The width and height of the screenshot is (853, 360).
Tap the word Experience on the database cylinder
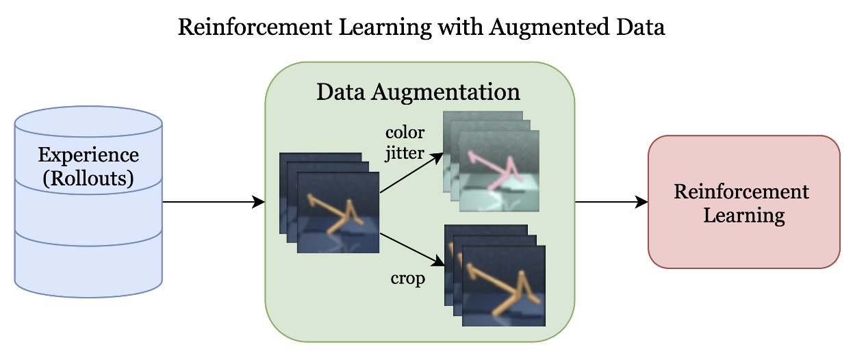point(88,155)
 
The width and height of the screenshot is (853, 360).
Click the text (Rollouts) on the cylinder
point(88,179)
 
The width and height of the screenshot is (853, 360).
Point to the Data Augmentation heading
point(418,92)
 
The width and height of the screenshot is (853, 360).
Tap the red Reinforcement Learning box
point(743,202)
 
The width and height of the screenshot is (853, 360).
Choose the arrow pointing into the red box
point(611,202)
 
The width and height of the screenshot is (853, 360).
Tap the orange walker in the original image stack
point(335,213)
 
